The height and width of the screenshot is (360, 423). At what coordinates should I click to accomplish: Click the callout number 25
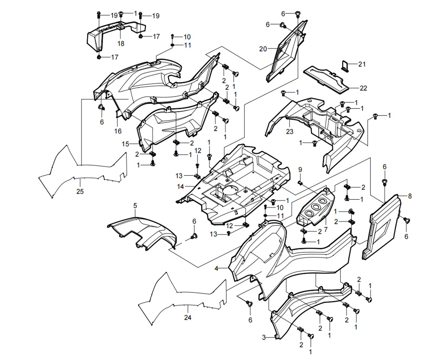pyautogui.click(x=80, y=191)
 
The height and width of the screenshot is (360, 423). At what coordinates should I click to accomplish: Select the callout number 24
pyautogui.click(x=188, y=317)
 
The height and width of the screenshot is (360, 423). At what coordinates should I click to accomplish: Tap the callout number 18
pyautogui.click(x=121, y=43)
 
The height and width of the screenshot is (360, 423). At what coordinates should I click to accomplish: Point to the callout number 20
pyautogui.click(x=263, y=49)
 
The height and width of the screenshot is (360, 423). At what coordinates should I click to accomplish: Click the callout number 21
pyautogui.click(x=362, y=64)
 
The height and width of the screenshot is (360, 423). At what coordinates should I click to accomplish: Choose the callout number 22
pyautogui.click(x=363, y=88)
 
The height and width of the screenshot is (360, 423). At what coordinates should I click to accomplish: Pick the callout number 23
pyautogui.click(x=290, y=132)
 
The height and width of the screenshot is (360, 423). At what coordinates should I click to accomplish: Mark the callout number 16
pyautogui.click(x=118, y=131)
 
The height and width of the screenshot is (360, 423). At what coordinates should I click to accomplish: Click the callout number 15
pyautogui.click(x=126, y=144)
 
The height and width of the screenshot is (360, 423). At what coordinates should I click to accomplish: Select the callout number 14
pyautogui.click(x=181, y=187)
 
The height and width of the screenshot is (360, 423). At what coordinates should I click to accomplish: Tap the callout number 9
pyautogui.click(x=300, y=169)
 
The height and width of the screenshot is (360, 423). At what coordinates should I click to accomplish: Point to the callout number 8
pyautogui.click(x=410, y=196)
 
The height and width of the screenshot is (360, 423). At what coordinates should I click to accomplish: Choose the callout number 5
pyautogui.click(x=135, y=206)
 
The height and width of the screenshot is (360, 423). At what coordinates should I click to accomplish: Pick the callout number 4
pyautogui.click(x=216, y=268)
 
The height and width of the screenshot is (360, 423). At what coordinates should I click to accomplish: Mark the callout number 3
pyautogui.click(x=264, y=337)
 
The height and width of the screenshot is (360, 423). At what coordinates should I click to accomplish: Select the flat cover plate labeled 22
pyautogui.click(x=327, y=80)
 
